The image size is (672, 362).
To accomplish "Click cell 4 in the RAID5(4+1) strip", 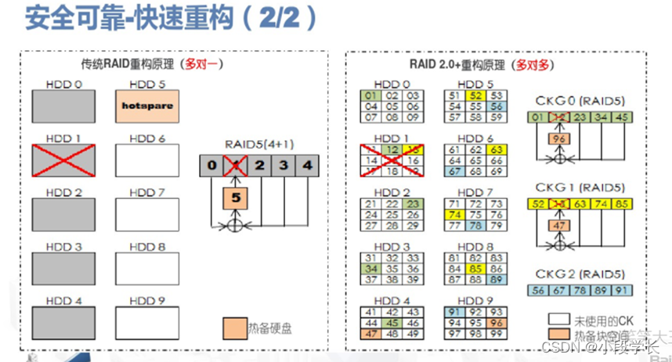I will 308,165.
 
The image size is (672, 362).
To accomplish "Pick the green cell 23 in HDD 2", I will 414,204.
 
